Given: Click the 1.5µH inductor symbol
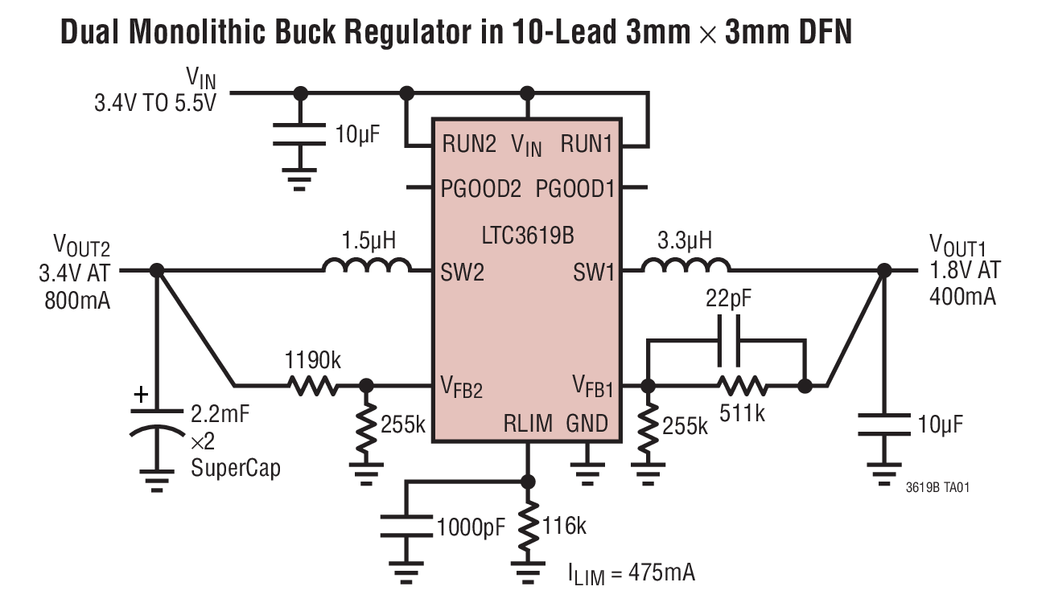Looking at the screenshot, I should [367, 266].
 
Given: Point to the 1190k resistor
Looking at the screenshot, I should [313, 386].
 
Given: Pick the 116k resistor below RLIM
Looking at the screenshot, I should [528, 526].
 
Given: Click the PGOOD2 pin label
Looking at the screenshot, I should [481, 189].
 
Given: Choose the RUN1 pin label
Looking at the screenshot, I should [587, 145].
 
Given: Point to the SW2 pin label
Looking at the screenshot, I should [463, 272].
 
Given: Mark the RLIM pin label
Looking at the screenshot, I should [528, 423].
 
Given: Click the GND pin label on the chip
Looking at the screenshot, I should [587, 423].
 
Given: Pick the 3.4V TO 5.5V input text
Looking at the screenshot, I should [155, 104].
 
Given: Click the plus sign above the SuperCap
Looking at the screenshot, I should [141, 395].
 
